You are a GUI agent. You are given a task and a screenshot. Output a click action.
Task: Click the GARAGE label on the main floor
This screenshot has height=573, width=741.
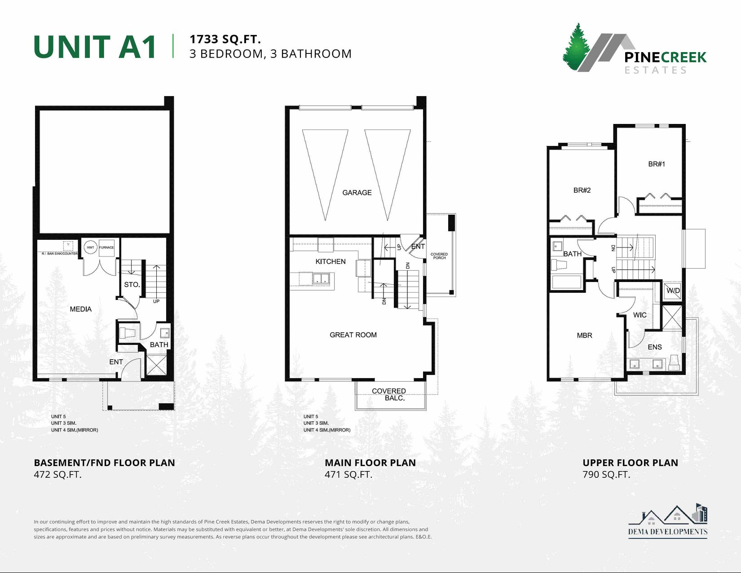point(357,193)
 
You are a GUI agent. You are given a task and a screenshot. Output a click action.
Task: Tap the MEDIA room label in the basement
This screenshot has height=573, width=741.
point(81,309)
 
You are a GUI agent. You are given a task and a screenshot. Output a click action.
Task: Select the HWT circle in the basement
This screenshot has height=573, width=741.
point(90,247)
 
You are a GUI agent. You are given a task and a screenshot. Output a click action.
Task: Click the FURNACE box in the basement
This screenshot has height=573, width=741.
point(107,247)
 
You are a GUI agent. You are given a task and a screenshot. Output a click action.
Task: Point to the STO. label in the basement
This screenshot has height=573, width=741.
point(132,285)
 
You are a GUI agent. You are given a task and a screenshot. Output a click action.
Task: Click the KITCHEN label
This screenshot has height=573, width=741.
point(331,261)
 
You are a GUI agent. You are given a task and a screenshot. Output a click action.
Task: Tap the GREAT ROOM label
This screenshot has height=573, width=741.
point(353,335)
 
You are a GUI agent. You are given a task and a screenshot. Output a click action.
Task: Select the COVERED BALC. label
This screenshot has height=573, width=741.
point(389,394)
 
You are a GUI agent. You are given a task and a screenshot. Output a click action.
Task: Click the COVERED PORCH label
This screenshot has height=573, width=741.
point(439,256)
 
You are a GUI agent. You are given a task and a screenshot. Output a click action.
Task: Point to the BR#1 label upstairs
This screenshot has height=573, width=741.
point(657,164)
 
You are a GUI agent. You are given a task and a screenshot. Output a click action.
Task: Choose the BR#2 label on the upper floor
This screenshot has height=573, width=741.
point(582,190)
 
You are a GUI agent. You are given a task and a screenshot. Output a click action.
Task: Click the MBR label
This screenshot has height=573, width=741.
point(584,335)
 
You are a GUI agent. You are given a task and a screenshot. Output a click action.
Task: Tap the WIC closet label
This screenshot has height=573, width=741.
point(640,315)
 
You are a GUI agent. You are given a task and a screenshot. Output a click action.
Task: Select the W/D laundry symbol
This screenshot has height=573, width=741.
point(673,291)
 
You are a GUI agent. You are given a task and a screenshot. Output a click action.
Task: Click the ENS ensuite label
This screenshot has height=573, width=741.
point(655,347)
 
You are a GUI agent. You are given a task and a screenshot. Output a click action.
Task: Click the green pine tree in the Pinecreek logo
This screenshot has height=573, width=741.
point(575,48)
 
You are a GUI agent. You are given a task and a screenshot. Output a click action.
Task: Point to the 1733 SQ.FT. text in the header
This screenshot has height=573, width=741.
point(225,39)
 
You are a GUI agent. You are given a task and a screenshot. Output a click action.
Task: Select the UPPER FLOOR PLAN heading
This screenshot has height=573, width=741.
point(630,463)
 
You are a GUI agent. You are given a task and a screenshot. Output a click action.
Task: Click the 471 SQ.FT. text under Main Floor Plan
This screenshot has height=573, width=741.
point(348,475)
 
